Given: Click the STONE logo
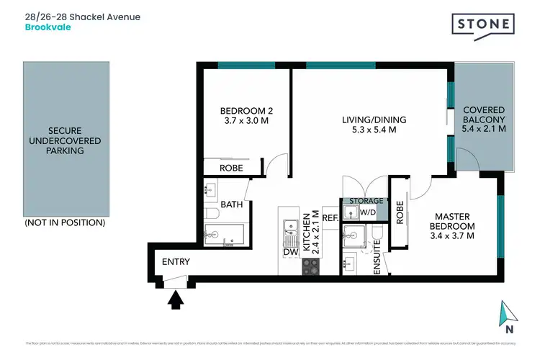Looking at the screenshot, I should click(484, 24).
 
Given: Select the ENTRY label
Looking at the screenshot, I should click(176, 262).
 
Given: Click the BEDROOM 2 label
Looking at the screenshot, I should click(246, 117).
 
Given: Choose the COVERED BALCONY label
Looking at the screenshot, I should click(484, 120).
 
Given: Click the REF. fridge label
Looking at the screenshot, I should click(330, 217).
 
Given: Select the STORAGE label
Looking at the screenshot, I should click(366, 201).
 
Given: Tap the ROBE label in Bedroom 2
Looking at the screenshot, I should click(230, 168).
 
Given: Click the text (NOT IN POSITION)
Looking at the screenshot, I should click(65, 222).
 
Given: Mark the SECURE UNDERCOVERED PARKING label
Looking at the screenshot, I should click(65, 140).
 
